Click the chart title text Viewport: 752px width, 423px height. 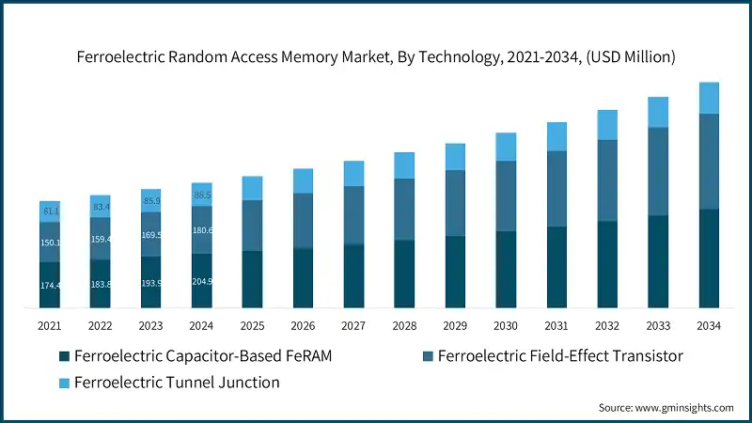click(376, 57)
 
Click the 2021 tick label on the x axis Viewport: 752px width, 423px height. click(50, 325)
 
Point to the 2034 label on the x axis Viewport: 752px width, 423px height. click(709, 325)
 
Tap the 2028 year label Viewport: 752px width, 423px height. click(404, 325)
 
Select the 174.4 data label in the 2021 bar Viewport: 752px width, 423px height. click(50, 285)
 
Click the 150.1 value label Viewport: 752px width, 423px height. click(50, 243)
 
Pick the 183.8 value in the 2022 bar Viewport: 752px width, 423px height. click(101, 284)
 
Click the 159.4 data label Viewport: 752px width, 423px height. click(101, 239)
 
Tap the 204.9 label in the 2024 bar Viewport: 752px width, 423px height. click(202, 280)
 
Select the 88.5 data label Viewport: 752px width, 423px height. click(202, 195)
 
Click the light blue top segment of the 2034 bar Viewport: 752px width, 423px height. click(709, 98)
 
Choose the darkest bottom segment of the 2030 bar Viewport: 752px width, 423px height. click(506, 269)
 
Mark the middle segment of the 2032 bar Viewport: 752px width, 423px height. click(607, 180)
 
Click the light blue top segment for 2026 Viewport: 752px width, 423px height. click(303, 181)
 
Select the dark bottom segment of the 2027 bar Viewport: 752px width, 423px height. click(353, 275)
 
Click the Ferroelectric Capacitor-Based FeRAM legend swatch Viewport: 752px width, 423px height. click(64, 356)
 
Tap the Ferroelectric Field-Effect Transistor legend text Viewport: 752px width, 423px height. click(560, 356)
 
